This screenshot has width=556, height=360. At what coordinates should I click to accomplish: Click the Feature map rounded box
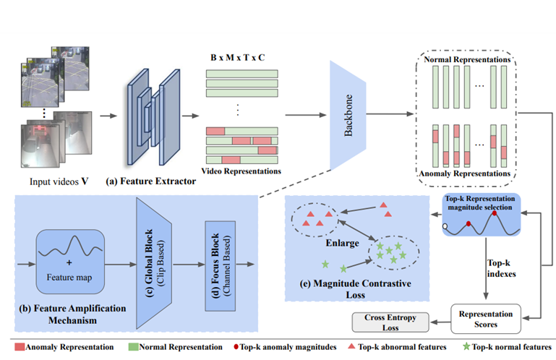coord(71,257)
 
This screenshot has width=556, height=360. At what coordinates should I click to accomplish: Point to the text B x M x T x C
coord(241,56)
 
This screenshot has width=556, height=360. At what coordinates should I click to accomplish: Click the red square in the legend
coord(20,347)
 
